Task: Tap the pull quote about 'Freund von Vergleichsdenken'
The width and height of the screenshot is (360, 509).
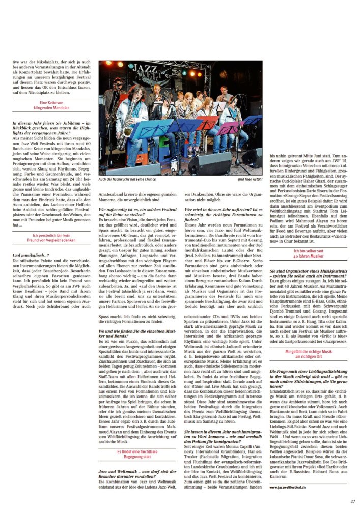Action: [x=51, y=238]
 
